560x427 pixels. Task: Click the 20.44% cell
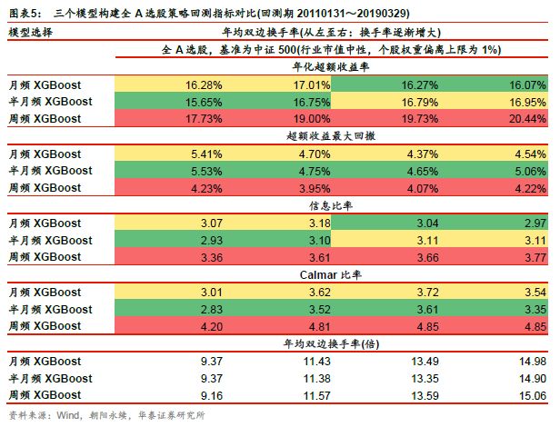[528, 118]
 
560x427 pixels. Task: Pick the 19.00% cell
[305, 118]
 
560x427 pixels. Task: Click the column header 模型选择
[31, 33]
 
